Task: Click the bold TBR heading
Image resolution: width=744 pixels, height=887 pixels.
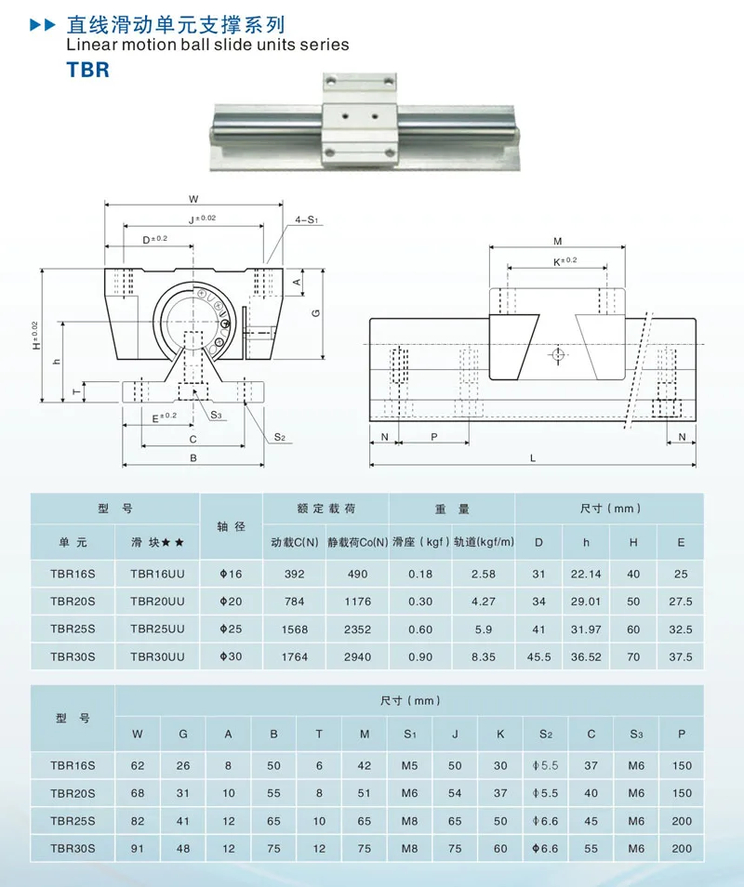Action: (87, 70)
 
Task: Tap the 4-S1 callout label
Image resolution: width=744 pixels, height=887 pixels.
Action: (307, 219)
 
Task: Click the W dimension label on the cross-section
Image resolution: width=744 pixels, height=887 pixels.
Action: (193, 199)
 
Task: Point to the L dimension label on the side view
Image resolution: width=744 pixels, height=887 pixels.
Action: (532, 458)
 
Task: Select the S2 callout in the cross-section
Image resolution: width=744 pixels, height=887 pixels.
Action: (280, 437)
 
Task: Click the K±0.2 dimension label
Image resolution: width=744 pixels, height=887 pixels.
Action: (565, 260)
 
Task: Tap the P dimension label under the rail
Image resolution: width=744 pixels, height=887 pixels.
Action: (434, 437)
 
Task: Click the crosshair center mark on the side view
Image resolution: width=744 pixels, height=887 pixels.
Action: (558, 354)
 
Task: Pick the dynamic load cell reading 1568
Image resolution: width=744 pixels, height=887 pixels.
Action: (294, 629)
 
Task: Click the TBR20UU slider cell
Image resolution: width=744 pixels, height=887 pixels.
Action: (157, 602)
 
